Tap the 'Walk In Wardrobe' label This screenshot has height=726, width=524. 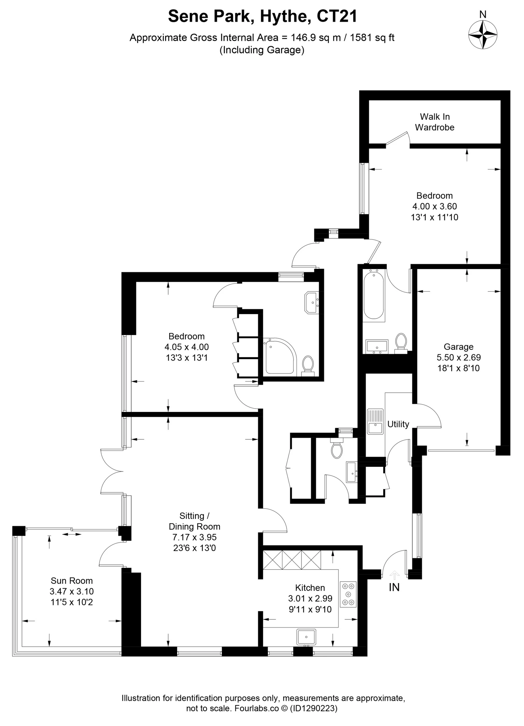[434, 122]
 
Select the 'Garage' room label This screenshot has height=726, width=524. [459, 347]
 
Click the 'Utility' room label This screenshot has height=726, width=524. [398, 424]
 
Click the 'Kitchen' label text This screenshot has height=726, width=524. [310, 588]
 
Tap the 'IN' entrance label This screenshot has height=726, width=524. [394, 587]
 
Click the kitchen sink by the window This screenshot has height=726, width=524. [306, 637]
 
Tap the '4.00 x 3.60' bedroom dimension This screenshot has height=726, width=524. [434, 206]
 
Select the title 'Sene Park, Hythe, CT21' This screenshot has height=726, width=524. [262, 16]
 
